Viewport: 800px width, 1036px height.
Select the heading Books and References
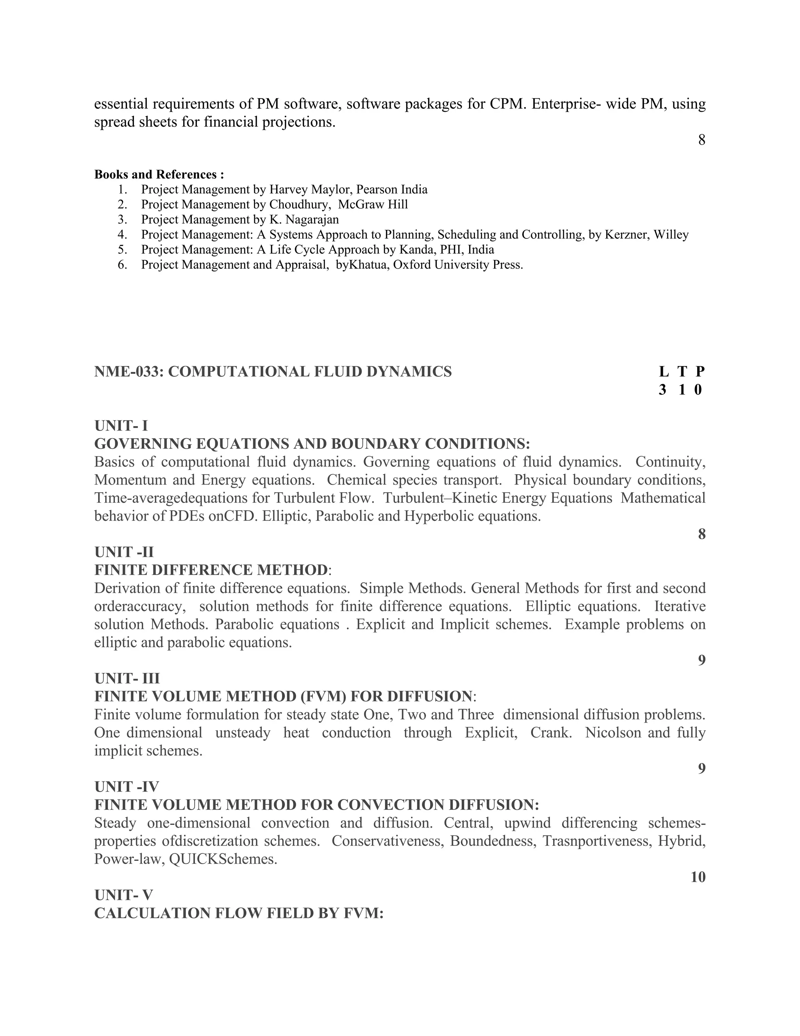159,175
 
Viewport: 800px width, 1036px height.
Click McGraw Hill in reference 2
373,204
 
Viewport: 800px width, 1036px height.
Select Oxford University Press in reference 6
458,265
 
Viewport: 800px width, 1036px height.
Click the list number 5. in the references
122,249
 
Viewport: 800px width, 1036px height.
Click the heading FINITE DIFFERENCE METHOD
211,570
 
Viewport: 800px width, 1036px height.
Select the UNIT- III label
127,678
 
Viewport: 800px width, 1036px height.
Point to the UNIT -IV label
127,787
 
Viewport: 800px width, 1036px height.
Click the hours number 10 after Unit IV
698,877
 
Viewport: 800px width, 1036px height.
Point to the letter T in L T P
682,372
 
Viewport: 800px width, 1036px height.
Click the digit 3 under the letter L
662,390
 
